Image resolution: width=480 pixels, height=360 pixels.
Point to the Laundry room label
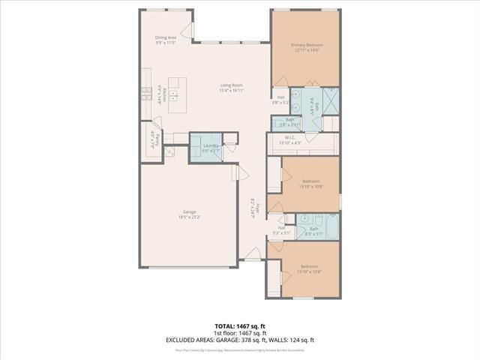(x=210, y=147)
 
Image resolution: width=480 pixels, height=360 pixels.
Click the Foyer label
(x=254, y=207)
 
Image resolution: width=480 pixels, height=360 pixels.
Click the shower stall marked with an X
(x=330, y=97)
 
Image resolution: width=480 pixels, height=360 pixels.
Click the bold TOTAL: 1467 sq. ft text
(x=240, y=326)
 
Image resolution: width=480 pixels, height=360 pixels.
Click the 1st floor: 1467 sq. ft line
(x=240, y=333)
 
